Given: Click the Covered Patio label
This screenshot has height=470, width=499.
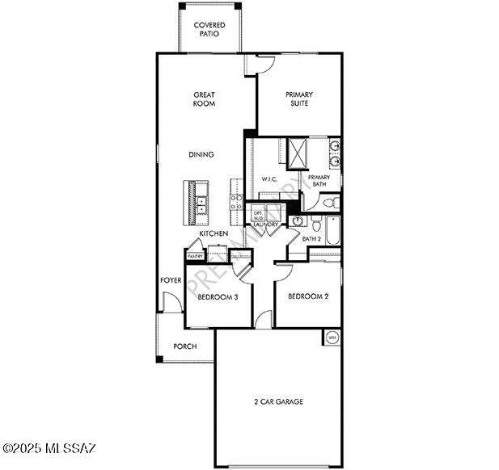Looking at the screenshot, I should pyautogui.click(x=209, y=30).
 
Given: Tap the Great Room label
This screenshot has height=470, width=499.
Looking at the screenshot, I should pyautogui.click(x=203, y=99).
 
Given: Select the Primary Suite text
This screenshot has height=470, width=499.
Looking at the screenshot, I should pyautogui.click(x=299, y=99).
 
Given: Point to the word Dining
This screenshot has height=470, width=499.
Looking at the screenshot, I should pyautogui.click(x=201, y=154).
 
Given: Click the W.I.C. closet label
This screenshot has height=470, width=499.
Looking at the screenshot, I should pyautogui.click(x=270, y=179).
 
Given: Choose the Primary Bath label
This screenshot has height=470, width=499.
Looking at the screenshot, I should pyautogui.click(x=319, y=181).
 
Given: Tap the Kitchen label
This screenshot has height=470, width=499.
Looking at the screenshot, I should pyautogui.click(x=214, y=234).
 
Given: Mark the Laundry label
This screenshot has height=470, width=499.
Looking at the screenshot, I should pyautogui.click(x=265, y=225).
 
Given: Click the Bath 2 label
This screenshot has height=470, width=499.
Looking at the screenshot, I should pyautogui.click(x=312, y=240).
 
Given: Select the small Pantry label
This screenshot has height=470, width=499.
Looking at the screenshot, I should pyautogui.click(x=196, y=256).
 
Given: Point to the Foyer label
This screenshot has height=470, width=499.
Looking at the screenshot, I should pyautogui.click(x=170, y=280).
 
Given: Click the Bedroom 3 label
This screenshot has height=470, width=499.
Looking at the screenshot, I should pyautogui.click(x=218, y=297).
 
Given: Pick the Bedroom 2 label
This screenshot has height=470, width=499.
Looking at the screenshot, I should pyautogui.click(x=308, y=296).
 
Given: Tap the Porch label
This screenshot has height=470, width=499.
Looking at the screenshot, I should pyautogui.click(x=185, y=346).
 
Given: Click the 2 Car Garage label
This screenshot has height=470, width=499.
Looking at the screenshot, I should pyautogui.click(x=278, y=401).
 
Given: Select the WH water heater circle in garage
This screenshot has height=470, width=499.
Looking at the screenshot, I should pyautogui.click(x=332, y=337).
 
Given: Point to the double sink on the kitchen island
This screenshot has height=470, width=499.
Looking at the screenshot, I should pyautogui.click(x=201, y=201).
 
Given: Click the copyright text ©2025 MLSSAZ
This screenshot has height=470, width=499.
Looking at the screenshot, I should pyautogui.click(x=49, y=447).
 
